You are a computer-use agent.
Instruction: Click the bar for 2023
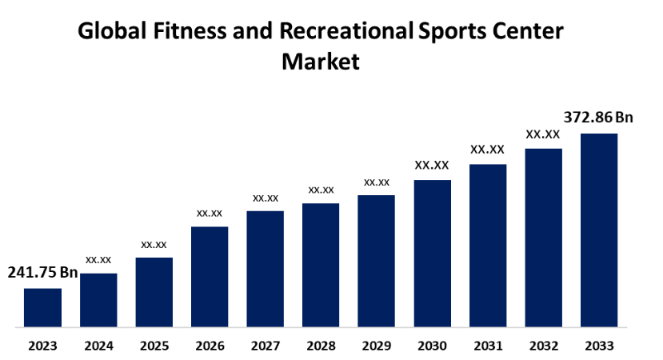pos(42,308)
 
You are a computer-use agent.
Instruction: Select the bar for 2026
pos(210,277)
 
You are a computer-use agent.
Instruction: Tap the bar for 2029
pos(376,261)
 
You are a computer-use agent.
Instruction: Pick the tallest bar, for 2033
pos(598,230)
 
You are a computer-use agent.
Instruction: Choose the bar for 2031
pos(487,246)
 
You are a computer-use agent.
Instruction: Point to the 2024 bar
pos(98,300)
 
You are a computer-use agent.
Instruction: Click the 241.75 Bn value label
pos(42,273)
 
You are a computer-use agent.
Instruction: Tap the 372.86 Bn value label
pos(598,118)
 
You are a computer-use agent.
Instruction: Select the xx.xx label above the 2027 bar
pos(265,198)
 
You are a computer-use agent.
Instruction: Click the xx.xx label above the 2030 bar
pos(432,166)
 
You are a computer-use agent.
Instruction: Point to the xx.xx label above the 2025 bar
pos(154,244)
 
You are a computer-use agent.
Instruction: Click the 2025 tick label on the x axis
pos(154,346)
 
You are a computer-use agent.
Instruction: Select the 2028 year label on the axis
pos(321,346)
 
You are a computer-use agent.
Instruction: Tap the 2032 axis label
pos(543,346)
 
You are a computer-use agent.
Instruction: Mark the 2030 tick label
pos(432,346)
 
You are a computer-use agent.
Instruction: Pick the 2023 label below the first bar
pos(42,346)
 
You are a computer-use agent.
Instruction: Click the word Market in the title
pos(321,61)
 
